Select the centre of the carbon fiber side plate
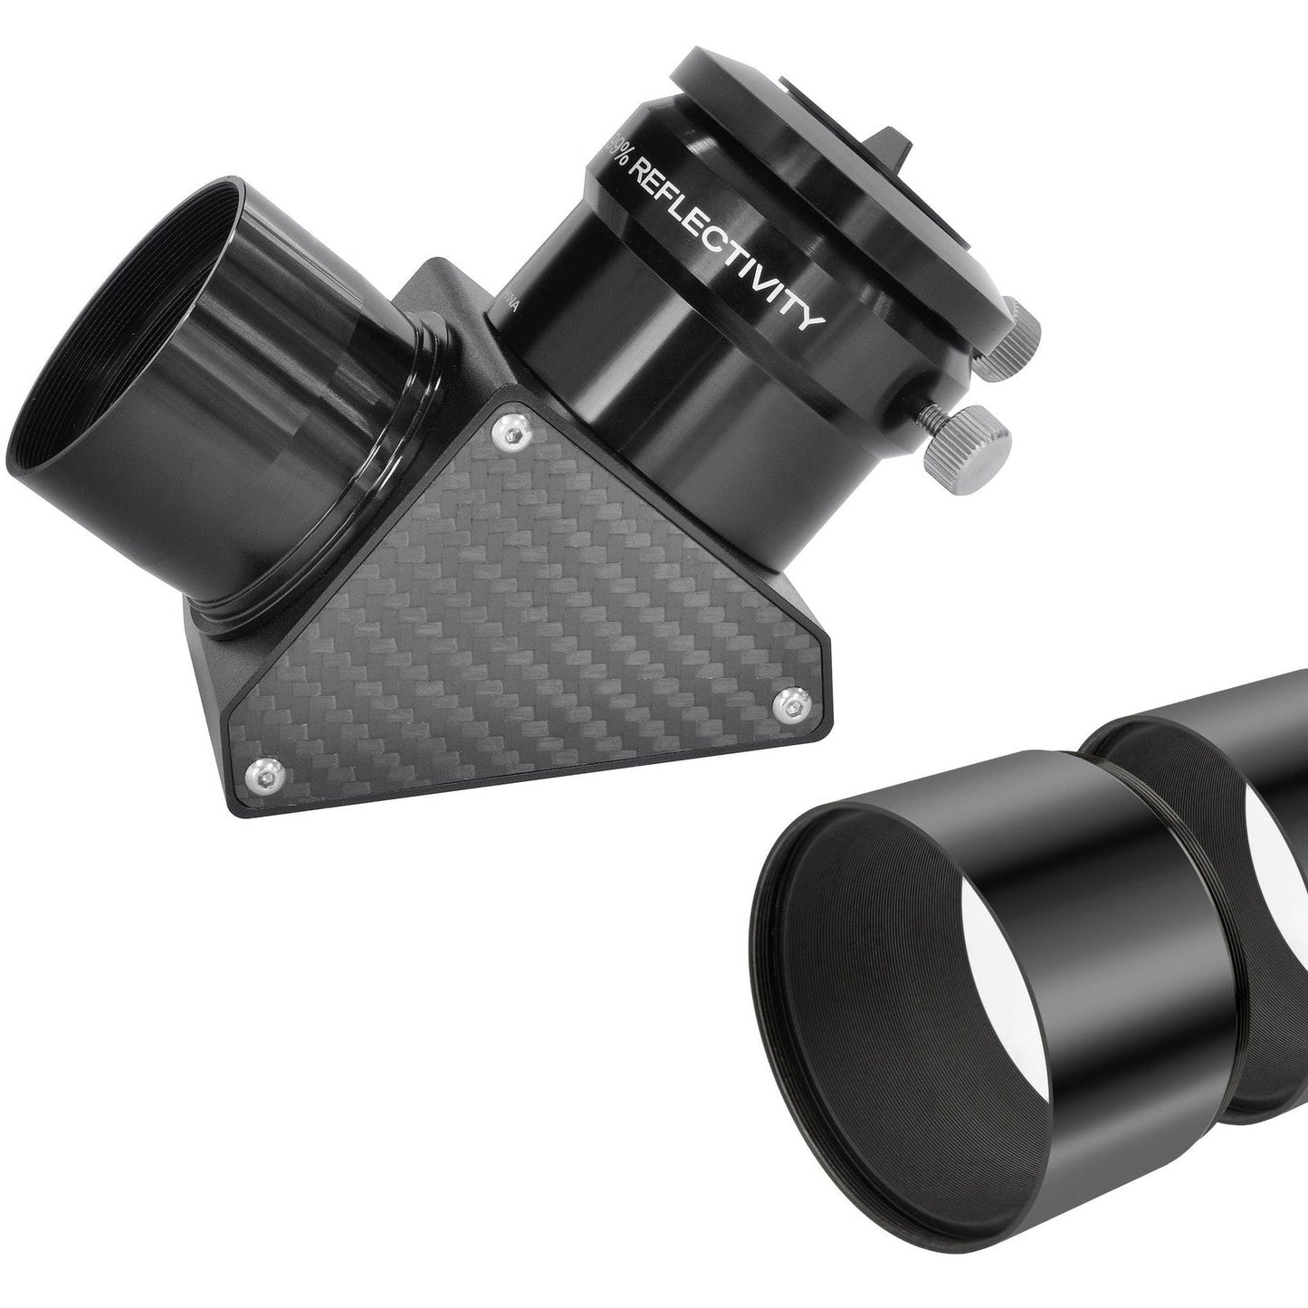[534, 625]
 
